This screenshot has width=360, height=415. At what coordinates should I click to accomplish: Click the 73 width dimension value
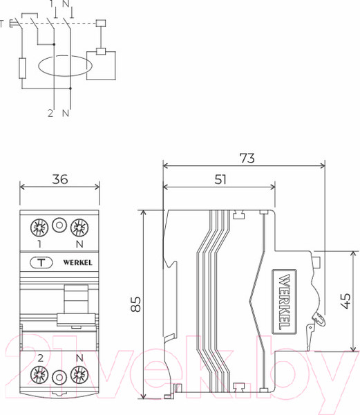pos(245,158)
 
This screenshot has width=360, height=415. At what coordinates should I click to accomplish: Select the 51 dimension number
pos(219,179)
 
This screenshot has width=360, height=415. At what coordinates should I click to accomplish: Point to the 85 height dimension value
pos(135,304)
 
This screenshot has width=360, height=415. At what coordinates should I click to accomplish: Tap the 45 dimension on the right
pos(347,300)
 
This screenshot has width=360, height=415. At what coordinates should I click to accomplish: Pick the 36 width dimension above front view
pos(59,179)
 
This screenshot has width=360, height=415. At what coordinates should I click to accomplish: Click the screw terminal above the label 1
pos(37,226)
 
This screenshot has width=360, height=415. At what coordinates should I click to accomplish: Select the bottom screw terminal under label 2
pos(37,376)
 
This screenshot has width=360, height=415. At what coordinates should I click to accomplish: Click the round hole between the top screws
pos(59,226)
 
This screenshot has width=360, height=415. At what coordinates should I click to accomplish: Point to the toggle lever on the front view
pos(73,304)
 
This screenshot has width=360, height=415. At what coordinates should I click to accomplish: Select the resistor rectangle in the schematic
pos(22,69)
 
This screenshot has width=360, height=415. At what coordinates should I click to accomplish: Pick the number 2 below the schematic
pos(50,113)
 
